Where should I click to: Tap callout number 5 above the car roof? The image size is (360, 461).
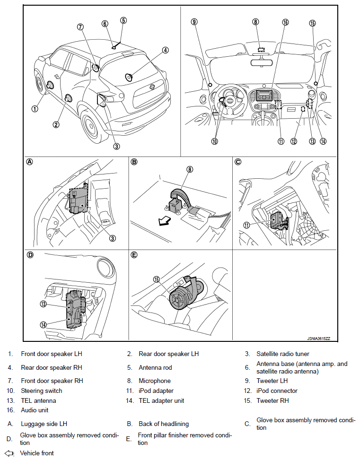[123, 20]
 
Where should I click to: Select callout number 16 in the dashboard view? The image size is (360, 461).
[285, 22]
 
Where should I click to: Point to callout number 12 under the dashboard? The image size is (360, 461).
[294, 141]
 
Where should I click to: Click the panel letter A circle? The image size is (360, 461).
[30, 162]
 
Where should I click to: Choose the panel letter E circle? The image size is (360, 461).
[134, 254]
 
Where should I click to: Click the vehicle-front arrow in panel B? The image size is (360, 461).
[164, 220]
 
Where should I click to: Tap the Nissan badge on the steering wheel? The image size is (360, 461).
[228, 101]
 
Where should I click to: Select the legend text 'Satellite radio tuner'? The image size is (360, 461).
[283, 354]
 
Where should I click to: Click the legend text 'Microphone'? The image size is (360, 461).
[155, 381]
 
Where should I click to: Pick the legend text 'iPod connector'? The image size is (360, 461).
[277, 391]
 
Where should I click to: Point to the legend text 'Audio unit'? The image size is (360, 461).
[35, 410]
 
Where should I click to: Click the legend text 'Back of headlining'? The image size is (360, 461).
[164, 424]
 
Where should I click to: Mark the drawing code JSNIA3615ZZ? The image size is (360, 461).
[318, 339]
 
